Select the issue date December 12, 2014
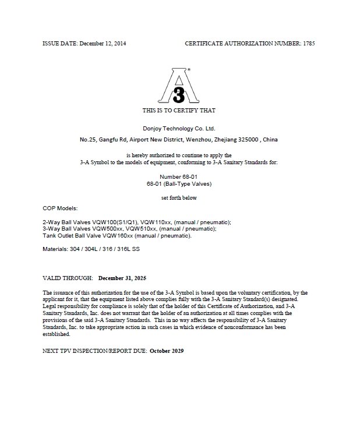click(x=103, y=44)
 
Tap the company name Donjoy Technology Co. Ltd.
click(x=179, y=128)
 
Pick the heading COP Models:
click(x=60, y=208)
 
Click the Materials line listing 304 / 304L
click(x=91, y=249)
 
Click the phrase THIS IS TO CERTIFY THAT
click(x=179, y=110)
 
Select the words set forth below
click(x=179, y=198)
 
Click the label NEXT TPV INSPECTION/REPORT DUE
click(x=95, y=352)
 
